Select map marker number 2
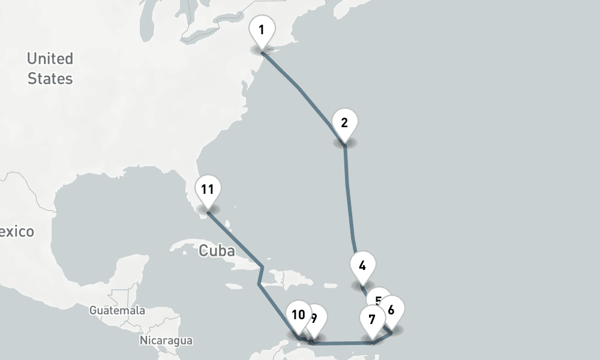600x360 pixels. pyautogui.click(x=344, y=124)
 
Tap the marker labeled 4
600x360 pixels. pyautogui.click(x=362, y=266)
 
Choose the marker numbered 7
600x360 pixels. pyautogui.click(x=372, y=319)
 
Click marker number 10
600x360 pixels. pyautogui.click(x=298, y=315)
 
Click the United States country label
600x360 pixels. pyautogui.click(x=50, y=68)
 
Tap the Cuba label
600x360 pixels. pyautogui.click(x=217, y=251)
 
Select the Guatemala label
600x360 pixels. pyautogui.click(x=117, y=311)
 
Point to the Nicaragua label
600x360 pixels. pyautogui.click(x=166, y=341)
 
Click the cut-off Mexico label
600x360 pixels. pyautogui.click(x=17, y=232)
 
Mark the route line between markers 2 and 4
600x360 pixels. pyautogui.click(x=349, y=192)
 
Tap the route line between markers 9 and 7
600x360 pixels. pyautogui.click(x=342, y=344)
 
